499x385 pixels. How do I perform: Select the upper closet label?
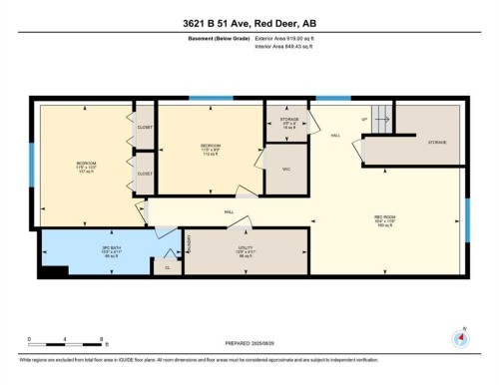pos(145,128)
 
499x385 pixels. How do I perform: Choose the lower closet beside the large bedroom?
pos(145,174)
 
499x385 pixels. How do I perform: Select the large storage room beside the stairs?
pos(437,143)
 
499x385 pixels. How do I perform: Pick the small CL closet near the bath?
pos(167,267)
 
